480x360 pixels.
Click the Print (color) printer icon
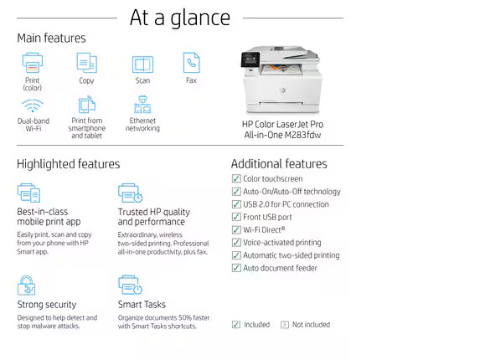pyautogui.click(x=33, y=63)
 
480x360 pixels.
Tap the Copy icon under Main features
pyautogui.click(x=86, y=63)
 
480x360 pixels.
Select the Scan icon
pyautogui.click(x=142, y=64)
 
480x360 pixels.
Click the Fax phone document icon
pyautogui.click(x=191, y=63)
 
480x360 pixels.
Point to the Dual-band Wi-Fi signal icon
pyautogui.click(x=33, y=105)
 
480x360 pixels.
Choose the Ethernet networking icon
pyautogui.click(x=142, y=105)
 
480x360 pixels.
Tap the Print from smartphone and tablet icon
pyautogui.click(x=87, y=105)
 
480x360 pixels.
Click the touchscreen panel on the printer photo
pyautogui.click(x=250, y=59)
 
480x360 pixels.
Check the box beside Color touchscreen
pyautogui.click(x=236, y=178)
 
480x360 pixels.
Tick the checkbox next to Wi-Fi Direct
pyautogui.click(x=236, y=229)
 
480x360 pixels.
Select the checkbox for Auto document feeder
pyautogui.click(x=236, y=268)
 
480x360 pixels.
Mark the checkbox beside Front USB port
pyautogui.click(x=236, y=217)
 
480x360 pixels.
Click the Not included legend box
pyautogui.click(x=285, y=325)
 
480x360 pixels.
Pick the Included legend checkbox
pyautogui.click(x=236, y=324)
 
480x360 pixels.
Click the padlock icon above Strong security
pyautogui.click(x=26, y=285)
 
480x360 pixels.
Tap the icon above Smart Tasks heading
pyautogui.click(x=130, y=285)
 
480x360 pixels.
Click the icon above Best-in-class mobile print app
pyautogui.click(x=28, y=193)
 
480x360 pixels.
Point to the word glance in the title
pyautogui.click(x=200, y=19)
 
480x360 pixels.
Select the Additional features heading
pyautogui.click(x=279, y=163)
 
